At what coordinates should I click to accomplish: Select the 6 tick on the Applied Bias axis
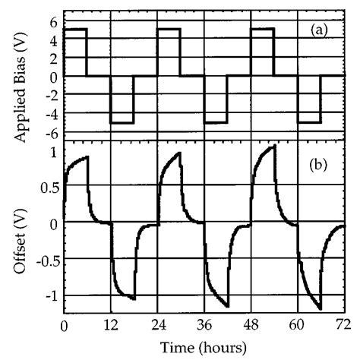click(53, 21)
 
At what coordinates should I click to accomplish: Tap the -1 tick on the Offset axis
click(50, 295)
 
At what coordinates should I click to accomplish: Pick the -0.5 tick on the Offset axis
click(46, 259)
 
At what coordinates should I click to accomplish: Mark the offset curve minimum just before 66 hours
click(320, 308)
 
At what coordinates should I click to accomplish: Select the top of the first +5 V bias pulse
click(76, 29)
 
